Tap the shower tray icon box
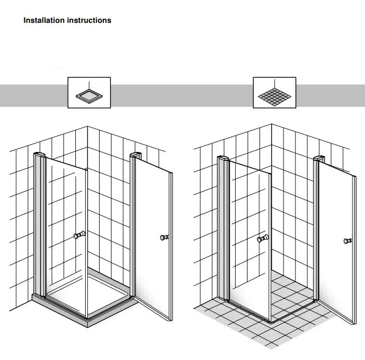(x=89, y=93)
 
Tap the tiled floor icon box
(x=274, y=93)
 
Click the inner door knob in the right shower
(x=263, y=239)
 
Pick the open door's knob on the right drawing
(x=347, y=241)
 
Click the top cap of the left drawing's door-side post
(x=135, y=155)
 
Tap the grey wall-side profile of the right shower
(x=223, y=228)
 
